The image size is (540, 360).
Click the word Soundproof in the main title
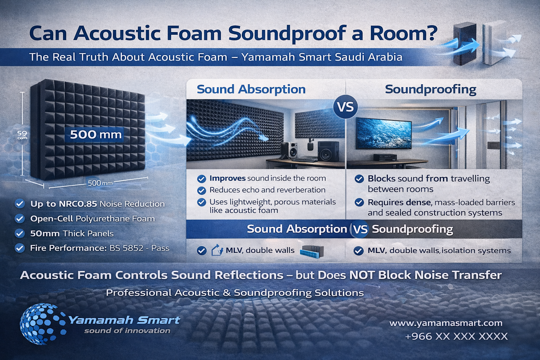(x=287, y=34)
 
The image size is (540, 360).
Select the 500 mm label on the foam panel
(x=96, y=135)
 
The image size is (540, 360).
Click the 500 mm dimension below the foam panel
(x=100, y=183)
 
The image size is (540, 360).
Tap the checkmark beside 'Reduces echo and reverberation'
(x=201, y=190)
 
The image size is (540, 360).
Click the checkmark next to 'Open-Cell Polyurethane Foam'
(x=20, y=219)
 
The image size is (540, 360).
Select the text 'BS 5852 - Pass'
(x=139, y=248)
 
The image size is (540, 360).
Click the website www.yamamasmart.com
(x=446, y=323)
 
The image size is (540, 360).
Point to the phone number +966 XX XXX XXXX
(x=456, y=336)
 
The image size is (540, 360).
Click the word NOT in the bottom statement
(x=362, y=275)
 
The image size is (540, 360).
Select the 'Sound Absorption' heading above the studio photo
(x=251, y=89)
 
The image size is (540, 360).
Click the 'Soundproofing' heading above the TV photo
(x=431, y=89)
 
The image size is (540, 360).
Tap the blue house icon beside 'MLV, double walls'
(x=217, y=250)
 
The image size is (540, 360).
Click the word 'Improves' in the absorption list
(x=227, y=179)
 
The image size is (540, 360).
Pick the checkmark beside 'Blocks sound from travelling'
(x=359, y=179)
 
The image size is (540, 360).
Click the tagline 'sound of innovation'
(x=127, y=330)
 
